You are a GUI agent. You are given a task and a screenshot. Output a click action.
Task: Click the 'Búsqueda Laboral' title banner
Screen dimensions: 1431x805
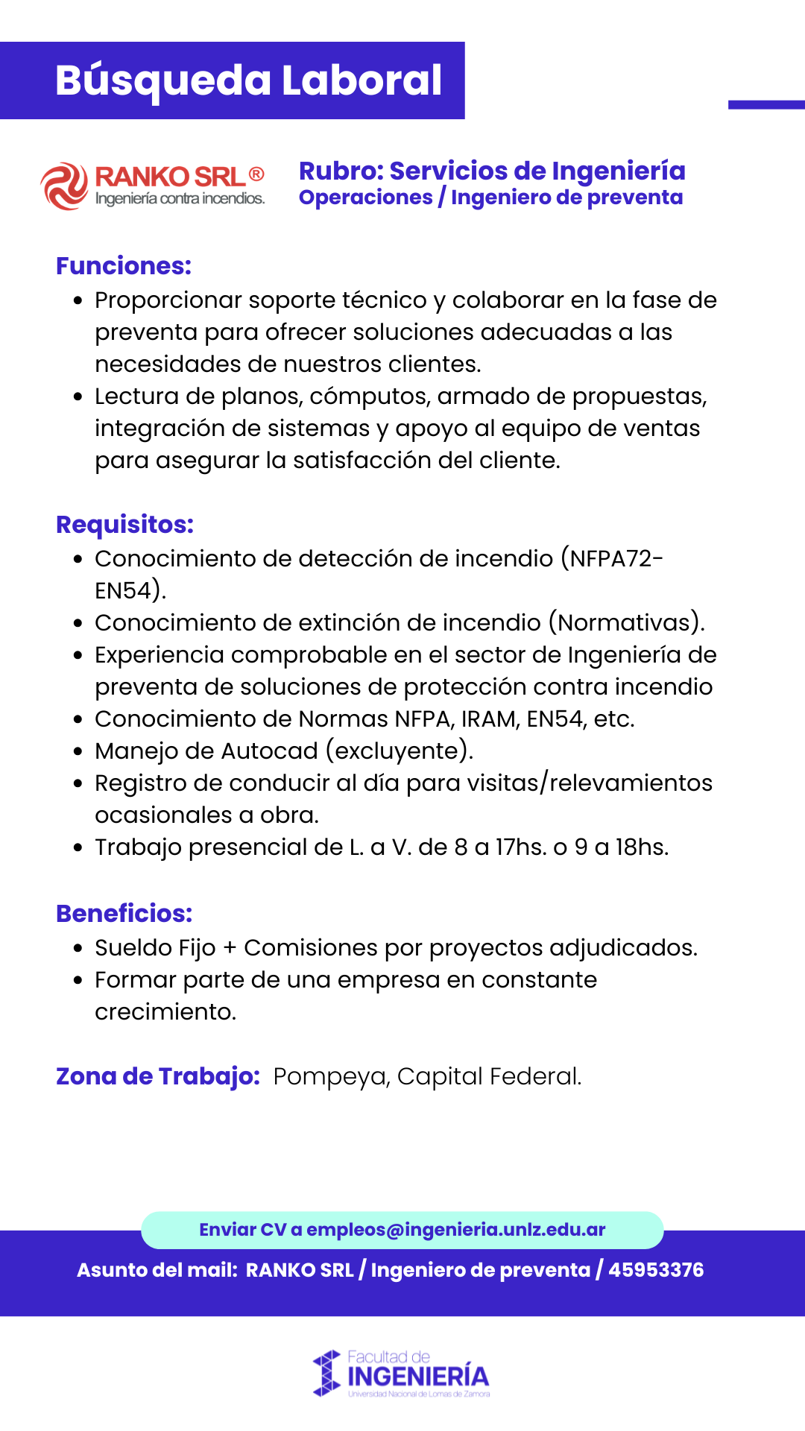tap(248, 80)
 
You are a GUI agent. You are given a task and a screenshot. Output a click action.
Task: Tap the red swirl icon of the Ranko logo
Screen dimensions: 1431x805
tap(64, 186)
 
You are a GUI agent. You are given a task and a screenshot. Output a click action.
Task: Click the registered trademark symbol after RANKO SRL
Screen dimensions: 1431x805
tap(256, 174)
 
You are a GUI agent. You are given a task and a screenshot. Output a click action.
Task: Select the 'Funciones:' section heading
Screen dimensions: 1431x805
tap(124, 266)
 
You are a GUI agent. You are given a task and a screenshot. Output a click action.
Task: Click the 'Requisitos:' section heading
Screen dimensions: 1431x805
tap(124, 525)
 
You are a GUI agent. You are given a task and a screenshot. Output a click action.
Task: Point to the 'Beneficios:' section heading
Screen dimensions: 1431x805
tap(124, 914)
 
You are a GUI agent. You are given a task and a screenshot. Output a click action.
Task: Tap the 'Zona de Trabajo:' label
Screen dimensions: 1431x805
tap(157, 1076)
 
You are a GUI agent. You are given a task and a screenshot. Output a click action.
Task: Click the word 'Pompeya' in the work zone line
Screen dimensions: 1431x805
tap(330, 1077)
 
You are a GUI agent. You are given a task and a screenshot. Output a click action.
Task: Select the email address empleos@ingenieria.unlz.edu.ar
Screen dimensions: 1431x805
tap(455, 1230)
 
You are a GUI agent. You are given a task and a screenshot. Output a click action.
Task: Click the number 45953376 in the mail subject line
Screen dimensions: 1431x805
tap(656, 1270)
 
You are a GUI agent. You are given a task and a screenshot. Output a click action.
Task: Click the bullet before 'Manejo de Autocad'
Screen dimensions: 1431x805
tap(78, 751)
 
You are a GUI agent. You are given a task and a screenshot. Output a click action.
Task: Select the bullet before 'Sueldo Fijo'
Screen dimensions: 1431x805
tap(78, 949)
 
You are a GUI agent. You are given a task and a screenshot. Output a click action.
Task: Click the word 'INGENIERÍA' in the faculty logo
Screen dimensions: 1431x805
tap(418, 1377)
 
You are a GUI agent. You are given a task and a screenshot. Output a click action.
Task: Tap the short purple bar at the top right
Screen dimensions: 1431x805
tap(766, 105)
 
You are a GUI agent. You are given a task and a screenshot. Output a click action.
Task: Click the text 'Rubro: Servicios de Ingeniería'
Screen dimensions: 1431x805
tap(492, 171)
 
